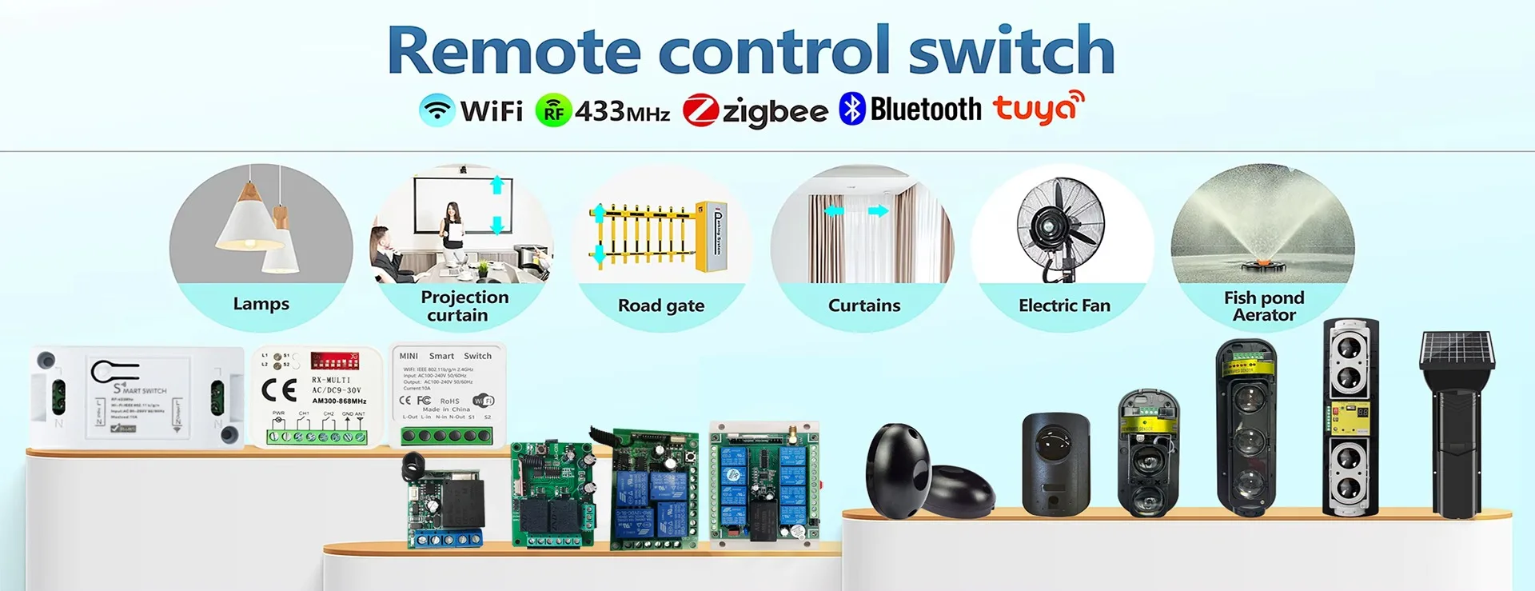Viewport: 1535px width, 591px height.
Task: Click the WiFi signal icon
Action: tap(437, 110)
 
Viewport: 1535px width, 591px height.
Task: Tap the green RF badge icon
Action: tap(553, 110)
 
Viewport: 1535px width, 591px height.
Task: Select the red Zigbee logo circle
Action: tap(700, 110)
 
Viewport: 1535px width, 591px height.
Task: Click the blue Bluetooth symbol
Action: tap(852, 109)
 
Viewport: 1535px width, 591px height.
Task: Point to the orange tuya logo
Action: tap(1038, 107)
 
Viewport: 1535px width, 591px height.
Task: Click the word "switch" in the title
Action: tap(1011, 51)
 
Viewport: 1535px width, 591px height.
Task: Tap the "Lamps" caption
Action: tap(261, 304)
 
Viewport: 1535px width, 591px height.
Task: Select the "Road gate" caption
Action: tap(661, 305)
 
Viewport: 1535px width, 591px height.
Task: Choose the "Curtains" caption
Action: tap(864, 305)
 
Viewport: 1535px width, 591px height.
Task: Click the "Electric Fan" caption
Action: tap(1064, 305)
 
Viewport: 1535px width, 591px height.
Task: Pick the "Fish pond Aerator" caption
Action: tap(1264, 306)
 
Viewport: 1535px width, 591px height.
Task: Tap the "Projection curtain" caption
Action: tap(464, 306)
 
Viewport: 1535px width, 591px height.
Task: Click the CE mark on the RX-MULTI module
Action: tap(279, 389)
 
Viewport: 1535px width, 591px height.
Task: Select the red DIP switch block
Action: tap(334, 360)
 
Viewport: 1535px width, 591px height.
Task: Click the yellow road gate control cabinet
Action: tap(711, 237)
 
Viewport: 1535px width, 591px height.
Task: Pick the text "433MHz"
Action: tap(622, 111)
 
